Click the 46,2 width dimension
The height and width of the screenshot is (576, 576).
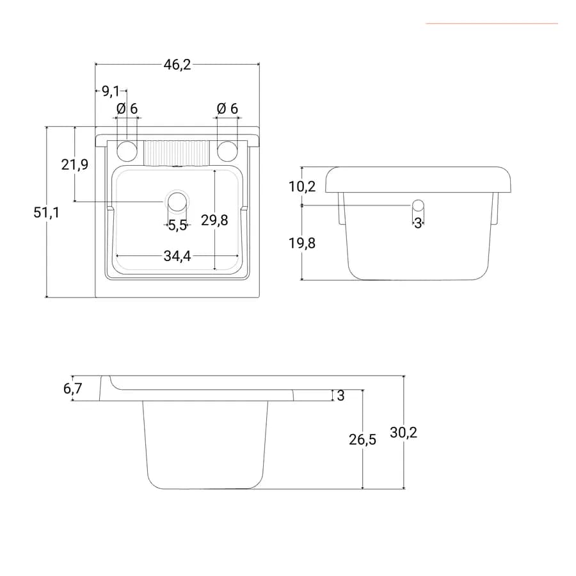(x=177, y=65)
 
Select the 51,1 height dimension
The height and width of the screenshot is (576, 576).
(x=46, y=212)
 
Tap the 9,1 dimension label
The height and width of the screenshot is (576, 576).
(x=111, y=91)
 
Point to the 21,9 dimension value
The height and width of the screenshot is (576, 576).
(x=75, y=164)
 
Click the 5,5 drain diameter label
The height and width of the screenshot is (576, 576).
(x=178, y=225)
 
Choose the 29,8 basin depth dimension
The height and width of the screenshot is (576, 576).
(x=214, y=220)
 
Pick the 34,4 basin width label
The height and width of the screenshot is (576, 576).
(x=177, y=256)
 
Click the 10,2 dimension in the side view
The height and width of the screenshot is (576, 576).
(x=302, y=187)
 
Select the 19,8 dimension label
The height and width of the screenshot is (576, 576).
(x=302, y=243)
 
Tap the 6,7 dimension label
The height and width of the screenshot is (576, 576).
(x=73, y=388)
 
